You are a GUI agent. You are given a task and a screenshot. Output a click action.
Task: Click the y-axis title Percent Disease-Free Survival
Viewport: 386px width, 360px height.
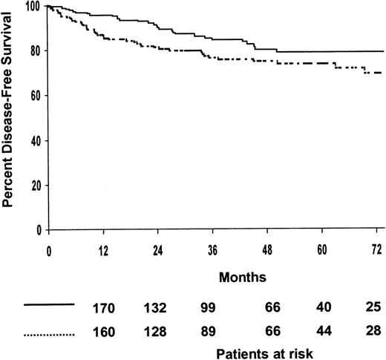click(10, 118)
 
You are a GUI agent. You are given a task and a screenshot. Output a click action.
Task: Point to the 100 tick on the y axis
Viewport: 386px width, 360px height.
click(34, 7)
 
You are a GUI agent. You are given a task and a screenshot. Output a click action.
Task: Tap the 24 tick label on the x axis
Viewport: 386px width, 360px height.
click(159, 250)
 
